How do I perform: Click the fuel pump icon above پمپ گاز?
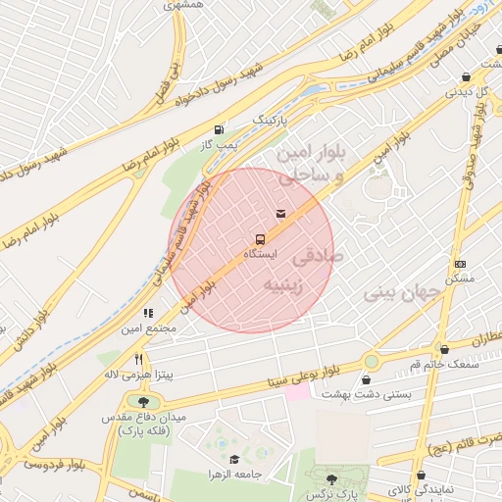(x=218, y=128)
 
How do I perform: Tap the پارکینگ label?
(x=274, y=119)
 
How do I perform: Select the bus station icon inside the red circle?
(x=260, y=238)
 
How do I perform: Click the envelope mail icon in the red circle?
(x=281, y=213)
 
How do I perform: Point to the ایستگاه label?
(x=260, y=254)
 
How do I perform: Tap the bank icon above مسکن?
(x=460, y=264)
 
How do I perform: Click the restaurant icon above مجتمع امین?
(x=148, y=313)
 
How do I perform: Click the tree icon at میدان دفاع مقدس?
(x=144, y=401)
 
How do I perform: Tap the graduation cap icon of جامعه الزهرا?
(x=233, y=459)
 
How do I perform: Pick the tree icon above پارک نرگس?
(x=330, y=478)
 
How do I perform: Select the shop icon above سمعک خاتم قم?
(x=444, y=349)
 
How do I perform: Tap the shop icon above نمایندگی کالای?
(x=421, y=475)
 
